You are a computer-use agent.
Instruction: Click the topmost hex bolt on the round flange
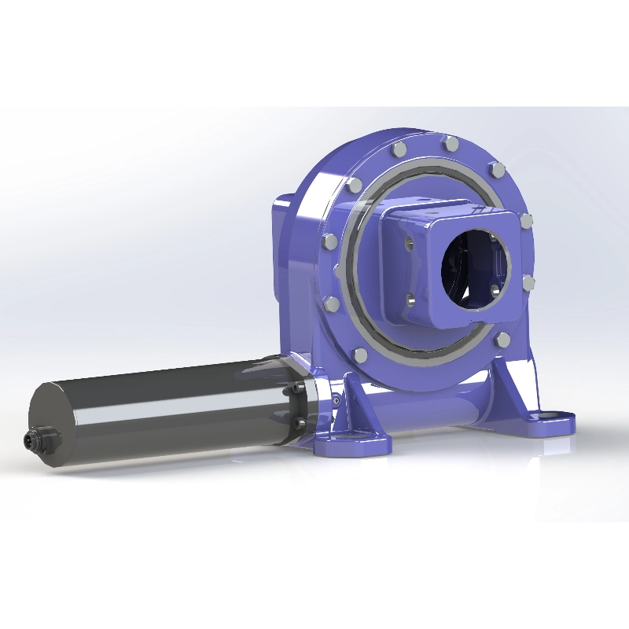click(451, 144)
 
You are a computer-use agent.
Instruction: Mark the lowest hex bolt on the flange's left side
click(360, 355)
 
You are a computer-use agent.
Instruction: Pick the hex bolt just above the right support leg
click(502, 339)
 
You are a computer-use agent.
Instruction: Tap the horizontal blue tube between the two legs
click(440, 409)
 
